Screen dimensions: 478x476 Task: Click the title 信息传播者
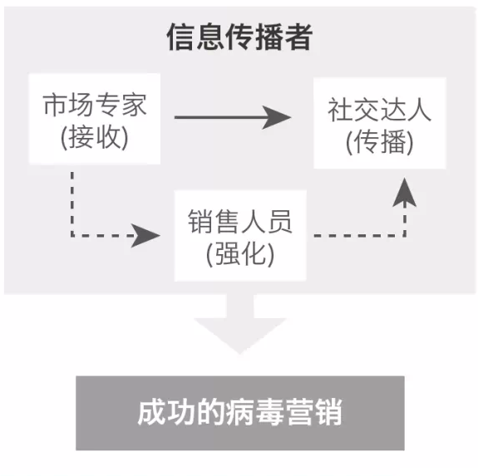pos(239,37)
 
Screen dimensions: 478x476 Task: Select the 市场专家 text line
pos(95,105)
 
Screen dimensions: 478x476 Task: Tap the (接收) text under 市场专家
pos(95,138)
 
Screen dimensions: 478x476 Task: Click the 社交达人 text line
pos(380,110)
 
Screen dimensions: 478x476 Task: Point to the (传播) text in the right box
pos(380,142)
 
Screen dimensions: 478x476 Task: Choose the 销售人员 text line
pos(240,222)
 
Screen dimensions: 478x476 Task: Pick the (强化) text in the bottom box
pos(240,254)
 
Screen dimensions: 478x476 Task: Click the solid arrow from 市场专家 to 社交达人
pos(233,117)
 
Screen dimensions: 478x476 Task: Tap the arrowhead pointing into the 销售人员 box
pos(145,235)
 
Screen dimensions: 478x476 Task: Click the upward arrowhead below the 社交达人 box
pos(405,193)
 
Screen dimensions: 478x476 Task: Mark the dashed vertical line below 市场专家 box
pos(72,204)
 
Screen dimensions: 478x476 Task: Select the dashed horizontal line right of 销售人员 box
pos(359,235)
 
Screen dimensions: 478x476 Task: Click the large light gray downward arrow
pos(240,324)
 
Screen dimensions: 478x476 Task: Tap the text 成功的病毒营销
pos(240,413)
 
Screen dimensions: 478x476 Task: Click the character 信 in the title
pos(180,37)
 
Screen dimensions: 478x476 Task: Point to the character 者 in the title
pos(298,37)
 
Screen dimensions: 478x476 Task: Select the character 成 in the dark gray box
pos(152,413)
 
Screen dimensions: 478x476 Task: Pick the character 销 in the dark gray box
pos(328,413)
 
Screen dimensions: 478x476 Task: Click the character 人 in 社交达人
pos(420,110)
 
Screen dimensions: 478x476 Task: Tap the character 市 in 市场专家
pos(55,105)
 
